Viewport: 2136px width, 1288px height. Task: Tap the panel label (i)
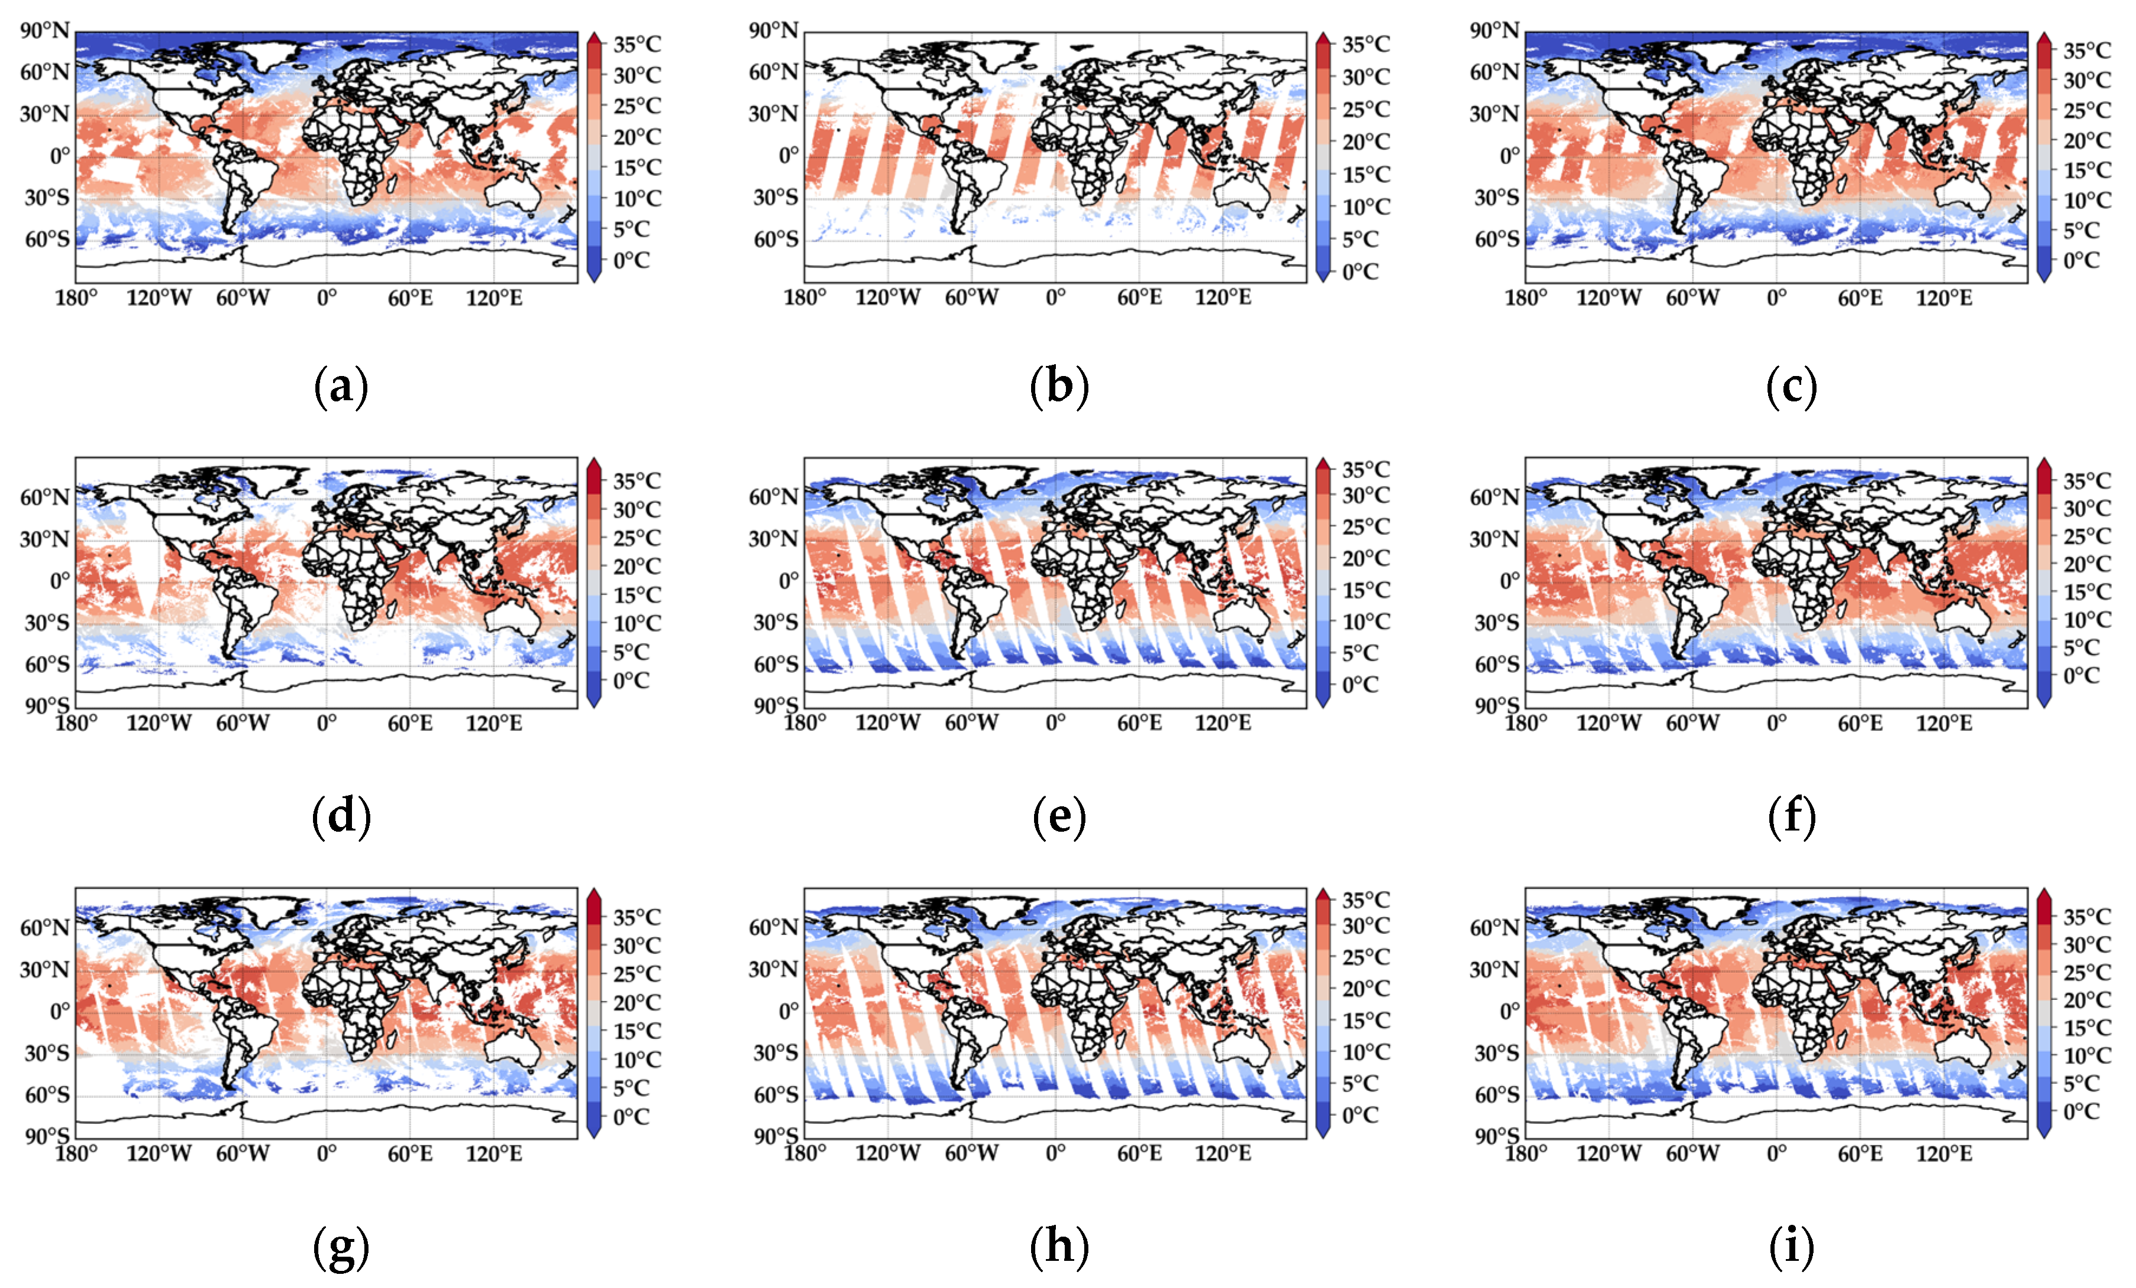(x=1791, y=1247)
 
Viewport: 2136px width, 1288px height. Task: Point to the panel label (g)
(x=341, y=1248)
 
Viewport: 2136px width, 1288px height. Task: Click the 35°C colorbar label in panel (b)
(x=1365, y=44)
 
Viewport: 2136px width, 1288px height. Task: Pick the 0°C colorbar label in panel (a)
(x=631, y=260)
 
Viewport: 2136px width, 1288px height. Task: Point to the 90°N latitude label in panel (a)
(x=45, y=31)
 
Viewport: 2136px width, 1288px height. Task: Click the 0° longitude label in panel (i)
(x=1776, y=1153)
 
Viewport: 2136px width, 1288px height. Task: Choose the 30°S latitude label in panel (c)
(x=1496, y=198)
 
